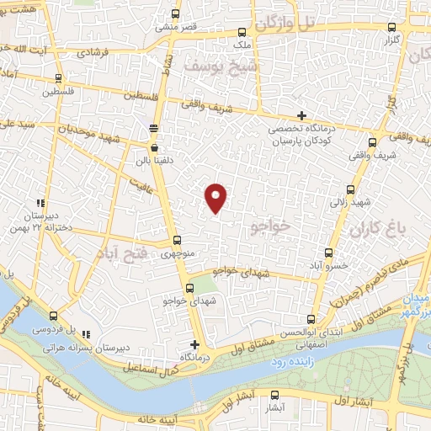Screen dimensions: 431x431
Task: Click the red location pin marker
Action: pyautogui.click(x=216, y=197)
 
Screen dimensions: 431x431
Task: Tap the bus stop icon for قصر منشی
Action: pyautogui.click(x=175, y=13)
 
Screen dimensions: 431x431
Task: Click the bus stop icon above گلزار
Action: pyautogui.click(x=389, y=27)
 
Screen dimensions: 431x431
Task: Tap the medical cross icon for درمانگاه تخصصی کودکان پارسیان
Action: pyautogui.click(x=302, y=115)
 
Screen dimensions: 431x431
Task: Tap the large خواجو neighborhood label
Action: pyautogui.click(x=269, y=226)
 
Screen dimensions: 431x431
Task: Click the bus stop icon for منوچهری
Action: pyautogui.click(x=176, y=240)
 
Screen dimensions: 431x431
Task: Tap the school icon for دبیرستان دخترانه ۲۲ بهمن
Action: pyautogui.click(x=40, y=202)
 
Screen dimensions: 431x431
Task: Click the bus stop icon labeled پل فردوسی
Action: pyautogui.click(x=34, y=313)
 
